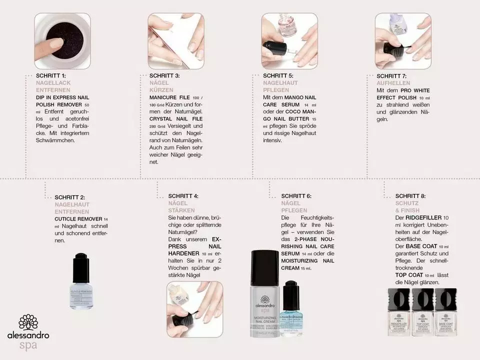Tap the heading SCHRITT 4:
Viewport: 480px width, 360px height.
(183, 196)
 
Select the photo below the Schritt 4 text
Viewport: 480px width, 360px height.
(194, 309)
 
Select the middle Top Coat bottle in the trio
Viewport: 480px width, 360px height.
(422, 311)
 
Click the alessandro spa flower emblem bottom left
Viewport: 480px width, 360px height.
(28, 322)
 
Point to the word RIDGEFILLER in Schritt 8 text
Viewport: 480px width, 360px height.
(423, 218)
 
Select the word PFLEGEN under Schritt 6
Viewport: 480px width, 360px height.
(294, 210)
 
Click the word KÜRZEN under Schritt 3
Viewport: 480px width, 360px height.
(160, 90)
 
